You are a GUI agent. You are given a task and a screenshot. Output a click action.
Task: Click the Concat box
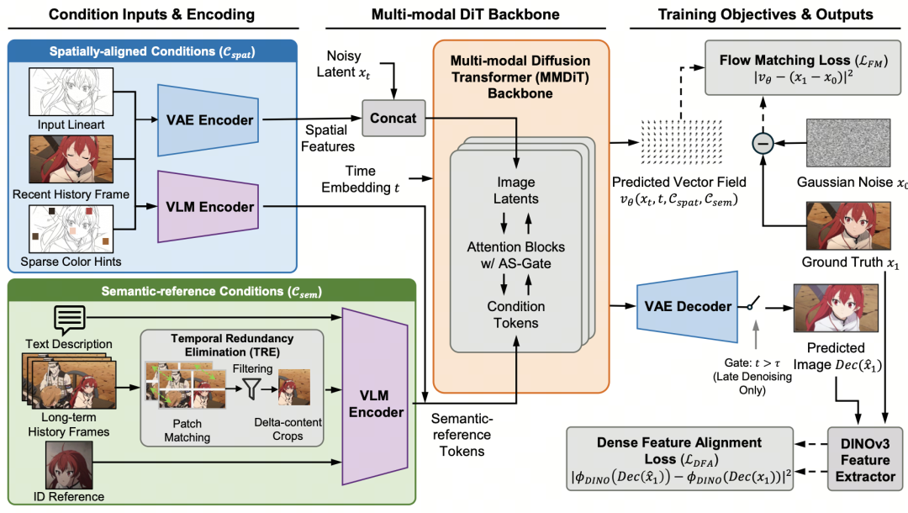(393, 118)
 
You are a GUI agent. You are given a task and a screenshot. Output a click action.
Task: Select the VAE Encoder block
(209, 120)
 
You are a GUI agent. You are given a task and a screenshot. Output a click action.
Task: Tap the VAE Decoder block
(688, 306)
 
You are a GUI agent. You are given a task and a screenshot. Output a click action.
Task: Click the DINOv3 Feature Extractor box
(865, 460)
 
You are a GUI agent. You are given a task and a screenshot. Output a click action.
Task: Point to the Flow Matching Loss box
(803, 68)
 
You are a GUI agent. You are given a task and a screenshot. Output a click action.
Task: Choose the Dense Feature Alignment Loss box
(680, 459)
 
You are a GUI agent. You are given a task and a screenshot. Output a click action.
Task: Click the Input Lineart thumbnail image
(71, 92)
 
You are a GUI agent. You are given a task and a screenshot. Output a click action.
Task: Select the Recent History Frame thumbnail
(71, 159)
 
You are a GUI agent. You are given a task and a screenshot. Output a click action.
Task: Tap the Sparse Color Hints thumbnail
(71, 229)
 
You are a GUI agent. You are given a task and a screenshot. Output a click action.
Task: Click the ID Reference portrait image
(69, 465)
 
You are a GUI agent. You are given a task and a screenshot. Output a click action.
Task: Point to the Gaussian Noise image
(848, 143)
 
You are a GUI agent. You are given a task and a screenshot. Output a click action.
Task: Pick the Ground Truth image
(848, 226)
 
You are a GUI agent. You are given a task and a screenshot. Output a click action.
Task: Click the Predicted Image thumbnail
(836, 308)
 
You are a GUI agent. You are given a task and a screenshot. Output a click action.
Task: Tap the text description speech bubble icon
(70, 319)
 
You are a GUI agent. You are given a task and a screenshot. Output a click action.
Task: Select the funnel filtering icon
(251, 389)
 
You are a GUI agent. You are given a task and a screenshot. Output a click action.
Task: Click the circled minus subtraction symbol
(763, 143)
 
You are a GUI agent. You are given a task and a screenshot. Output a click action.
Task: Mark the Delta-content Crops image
(294, 388)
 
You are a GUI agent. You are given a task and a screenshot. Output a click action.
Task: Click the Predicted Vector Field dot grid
(682, 142)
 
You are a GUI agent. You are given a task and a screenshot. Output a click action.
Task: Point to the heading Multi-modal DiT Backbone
(466, 14)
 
